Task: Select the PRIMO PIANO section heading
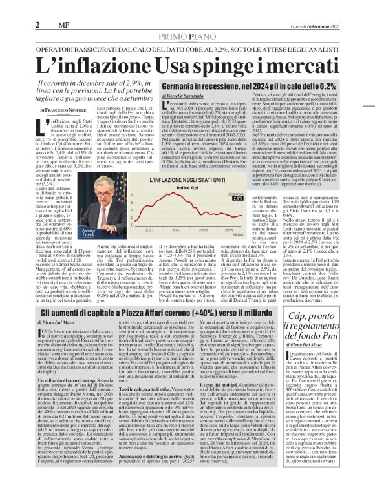point(187,19)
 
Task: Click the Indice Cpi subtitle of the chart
point(214,187)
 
